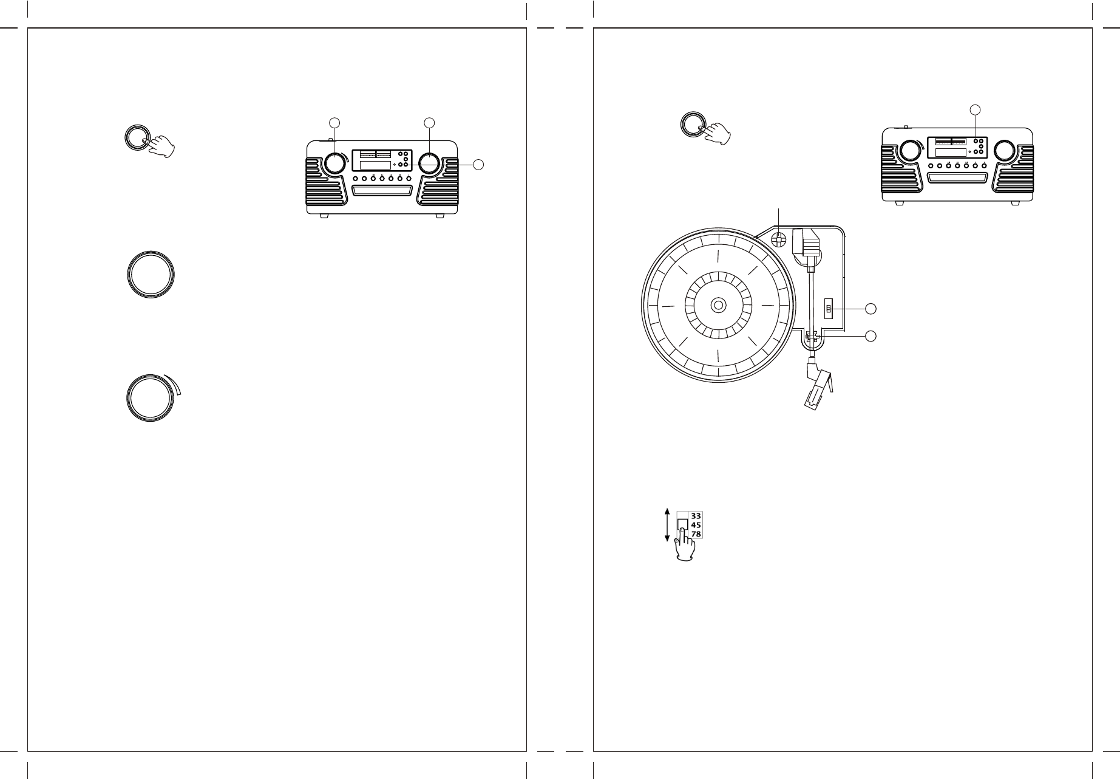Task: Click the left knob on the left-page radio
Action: [x=333, y=163]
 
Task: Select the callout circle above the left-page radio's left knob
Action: [x=333, y=123]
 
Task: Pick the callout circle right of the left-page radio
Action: [x=478, y=165]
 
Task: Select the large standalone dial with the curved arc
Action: [x=152, y=398]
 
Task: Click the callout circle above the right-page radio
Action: [x=975, y=109]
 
